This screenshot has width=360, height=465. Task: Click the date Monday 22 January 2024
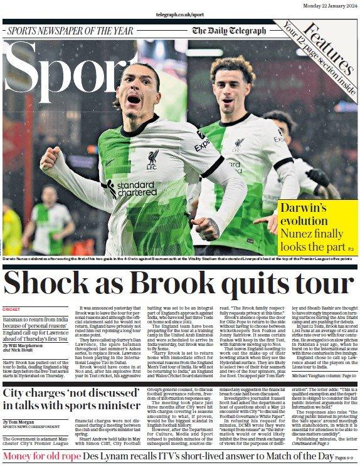click(x=328, y=5)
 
